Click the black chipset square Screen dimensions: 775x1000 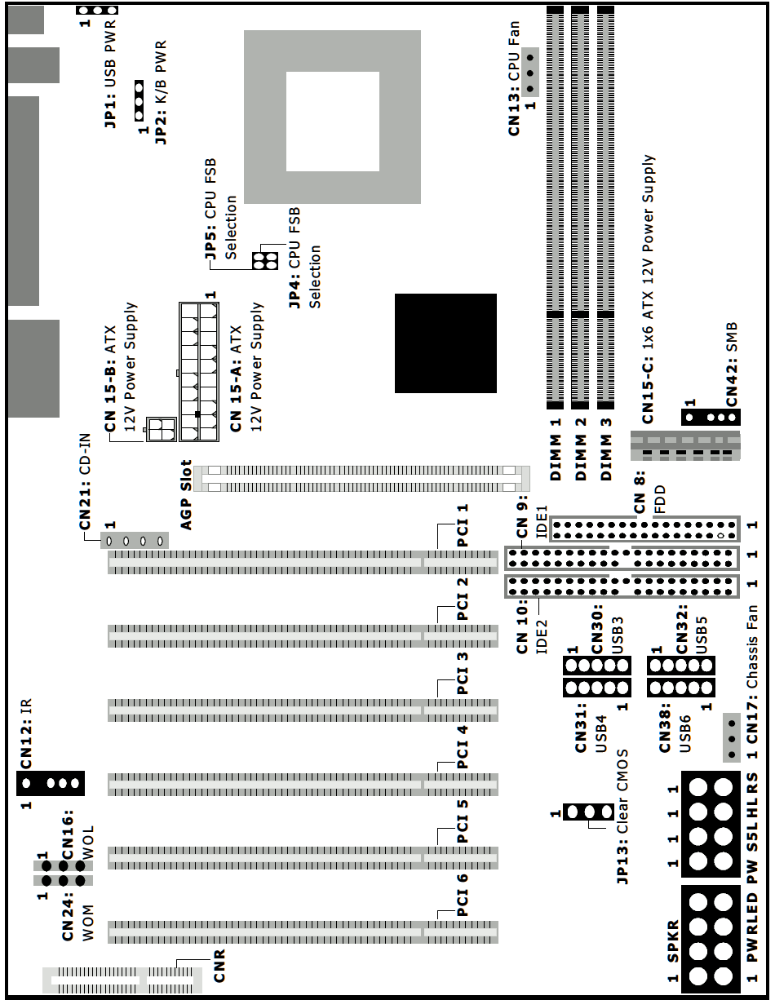pos(445,343)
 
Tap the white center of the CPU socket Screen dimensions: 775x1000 pos(333,122)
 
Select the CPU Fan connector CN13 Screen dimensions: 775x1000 pos(529,73)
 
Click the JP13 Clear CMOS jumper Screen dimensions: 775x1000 pos(589,812)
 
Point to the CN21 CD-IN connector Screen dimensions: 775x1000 pos(135,541)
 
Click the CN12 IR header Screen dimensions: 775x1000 pos(51,783)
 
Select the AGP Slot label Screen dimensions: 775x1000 pos(186,495)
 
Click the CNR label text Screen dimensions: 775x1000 pos(219,965)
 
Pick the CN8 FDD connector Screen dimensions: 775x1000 pos(644,529)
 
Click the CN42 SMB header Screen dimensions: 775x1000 pos(711,417)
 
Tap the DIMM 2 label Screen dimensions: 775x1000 pos(581,449)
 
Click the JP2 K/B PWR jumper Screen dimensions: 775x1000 pos(139,101)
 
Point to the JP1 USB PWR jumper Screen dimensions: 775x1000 pos(97,10)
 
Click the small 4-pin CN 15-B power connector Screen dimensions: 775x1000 pos(162,429)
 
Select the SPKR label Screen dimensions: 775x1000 pos(673,941)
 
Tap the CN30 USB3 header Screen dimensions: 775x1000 pos(597,666)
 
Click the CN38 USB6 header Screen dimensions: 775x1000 pos(681,687)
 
